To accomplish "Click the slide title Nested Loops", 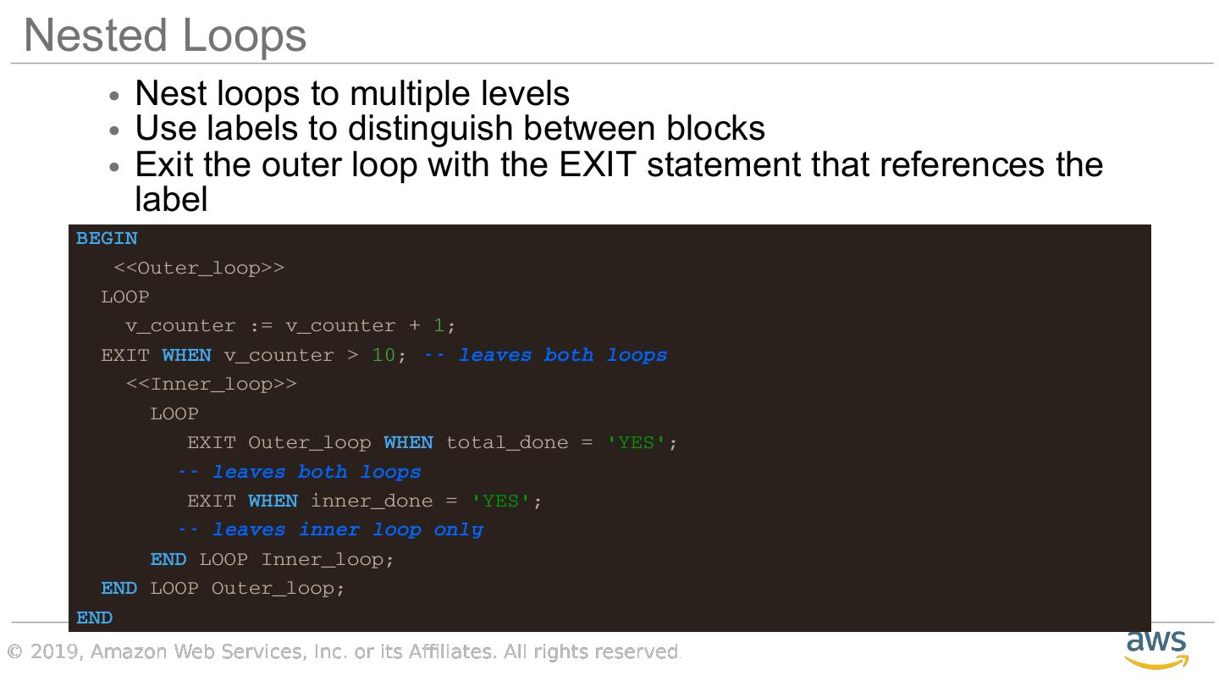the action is [165, 36].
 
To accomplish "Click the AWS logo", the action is [1156, 649].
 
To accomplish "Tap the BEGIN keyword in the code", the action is [107, 239].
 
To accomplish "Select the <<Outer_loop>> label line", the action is [199, 269].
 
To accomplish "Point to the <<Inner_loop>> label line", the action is [212, 385].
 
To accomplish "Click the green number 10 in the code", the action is [383, 356].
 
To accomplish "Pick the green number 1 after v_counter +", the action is [439, 326].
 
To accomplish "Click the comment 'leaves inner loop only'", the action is [330, 530].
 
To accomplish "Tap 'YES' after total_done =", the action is [637, 443].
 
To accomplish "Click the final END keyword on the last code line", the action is [94, 618].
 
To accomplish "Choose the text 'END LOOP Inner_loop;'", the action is [272, 560].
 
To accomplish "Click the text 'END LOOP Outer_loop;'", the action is [223, 589].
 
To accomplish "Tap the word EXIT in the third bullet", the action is [597, 164].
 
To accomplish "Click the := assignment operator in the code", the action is [261, 326].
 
